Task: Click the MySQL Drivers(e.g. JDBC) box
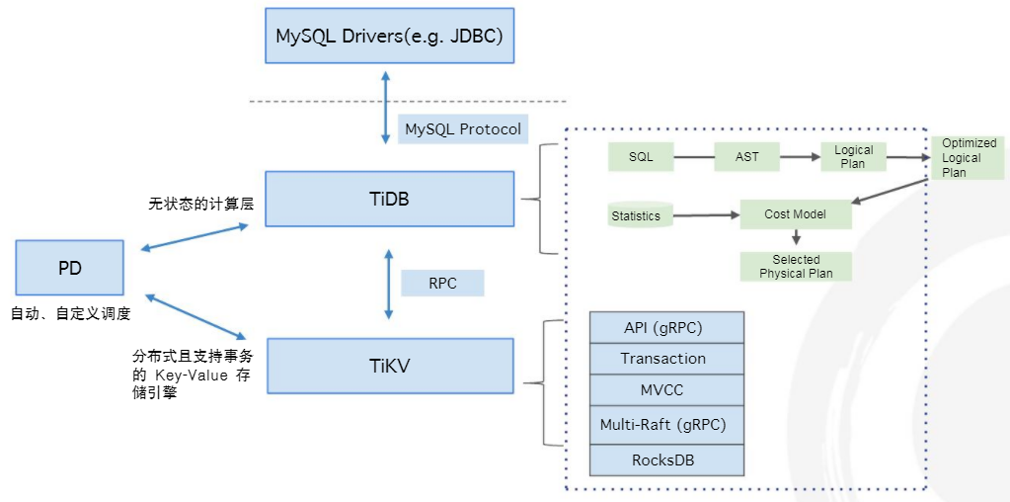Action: [x=390, y=38]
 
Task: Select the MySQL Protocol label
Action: [x=463, y=129]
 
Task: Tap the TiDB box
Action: [x=389, y=199]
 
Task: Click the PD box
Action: [x=69, y=267]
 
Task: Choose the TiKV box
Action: [x=390, y=366]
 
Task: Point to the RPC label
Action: [x=442, y=283]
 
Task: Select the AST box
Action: [x=746, y=156]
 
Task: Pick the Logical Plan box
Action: [x=853, y=157]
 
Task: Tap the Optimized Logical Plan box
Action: [x=969, y=157]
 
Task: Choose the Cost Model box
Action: [x=796, y=214]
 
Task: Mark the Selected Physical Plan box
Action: [x=796, y=267]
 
